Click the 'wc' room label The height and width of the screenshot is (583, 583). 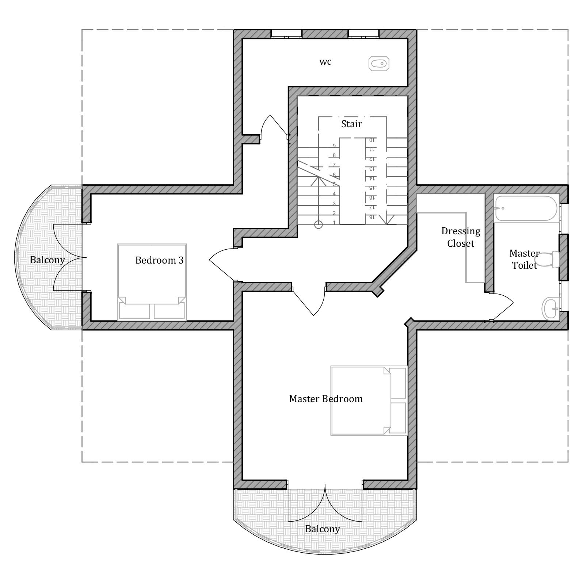pyautogui.click(x=325, y=62)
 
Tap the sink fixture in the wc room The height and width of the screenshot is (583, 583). pyautogui.click(x=379, y=64)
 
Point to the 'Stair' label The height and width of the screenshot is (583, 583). pyautogui.click(x=351, y=124)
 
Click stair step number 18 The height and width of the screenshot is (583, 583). pyautogui.click(x=371, y=217)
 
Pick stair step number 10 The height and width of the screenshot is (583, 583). pyautogui.click(x=371, y=140)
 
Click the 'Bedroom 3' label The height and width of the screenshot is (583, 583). pyautogui.click(x=159, y=260)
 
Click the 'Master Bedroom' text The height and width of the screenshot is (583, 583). pyautogui.click(x=326, y=399)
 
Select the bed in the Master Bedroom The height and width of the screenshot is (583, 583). pyautogui.click(x=369, y=401)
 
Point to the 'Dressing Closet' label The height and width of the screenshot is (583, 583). pyautogui.click(x=461, y=237)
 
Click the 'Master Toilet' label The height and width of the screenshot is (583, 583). pyautogui.click(x=525, y=259)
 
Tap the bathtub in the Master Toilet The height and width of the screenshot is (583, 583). pyautogui.click(x=526, y=208)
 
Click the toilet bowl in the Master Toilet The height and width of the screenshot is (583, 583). pyautogui.click(x=548, y=259)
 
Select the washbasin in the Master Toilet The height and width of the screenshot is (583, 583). pyautogui.click(x=550, y=308)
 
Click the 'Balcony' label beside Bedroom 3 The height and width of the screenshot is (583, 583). pyautogui.click(x=47, y=260)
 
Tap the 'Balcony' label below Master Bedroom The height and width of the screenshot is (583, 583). pyautogui.click(x=323, y=529)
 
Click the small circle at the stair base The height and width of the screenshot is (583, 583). pyautogui.click(x=319, y=225)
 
